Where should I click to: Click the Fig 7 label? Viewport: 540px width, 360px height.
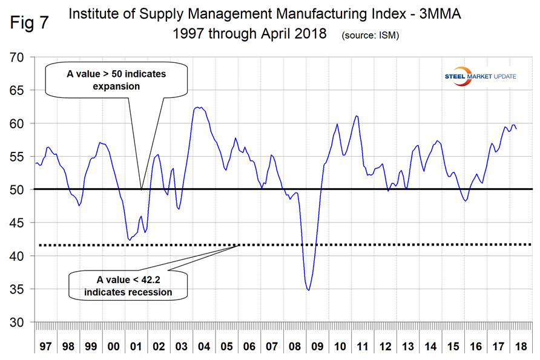pyautogui.click(x=28, y=23)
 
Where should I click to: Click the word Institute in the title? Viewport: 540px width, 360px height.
pyautogui.click(x=95, y=13)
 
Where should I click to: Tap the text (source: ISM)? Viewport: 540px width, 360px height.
pyautogui.click(x=370, y=36)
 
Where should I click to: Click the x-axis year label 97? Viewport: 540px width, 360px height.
pyautogui.click(x=45, y=348)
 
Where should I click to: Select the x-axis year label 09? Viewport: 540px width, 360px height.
pyautogui.click(x=317, y=348)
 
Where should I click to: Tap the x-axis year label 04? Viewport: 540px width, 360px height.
pyautogui.click(x=203, y=348)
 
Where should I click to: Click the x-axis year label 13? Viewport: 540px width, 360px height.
pyautogui.click(x=407, y=348)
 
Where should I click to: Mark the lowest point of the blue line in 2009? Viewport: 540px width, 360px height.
pyautogui.click(x=309, y=290)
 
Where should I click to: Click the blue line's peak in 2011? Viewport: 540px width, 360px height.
pyautogui.click(x=357, y=116)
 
